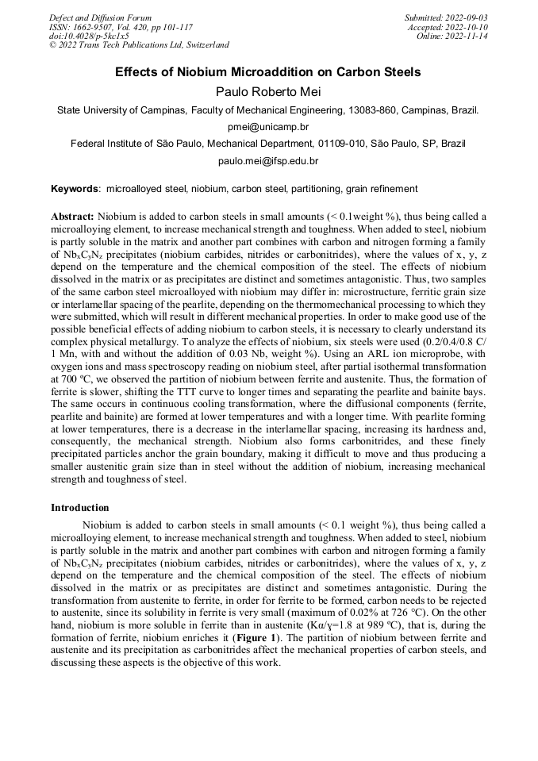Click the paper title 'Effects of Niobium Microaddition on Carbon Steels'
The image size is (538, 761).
268,72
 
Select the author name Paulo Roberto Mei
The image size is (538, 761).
268,91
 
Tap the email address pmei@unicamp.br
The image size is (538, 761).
268,127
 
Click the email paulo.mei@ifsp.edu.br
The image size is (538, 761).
268,161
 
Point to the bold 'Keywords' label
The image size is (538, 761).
75,190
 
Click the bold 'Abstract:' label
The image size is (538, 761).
73,216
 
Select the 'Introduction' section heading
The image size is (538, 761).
80,507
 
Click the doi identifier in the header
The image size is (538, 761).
89,37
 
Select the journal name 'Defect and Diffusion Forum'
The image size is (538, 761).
100,17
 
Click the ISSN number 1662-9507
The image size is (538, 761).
98,27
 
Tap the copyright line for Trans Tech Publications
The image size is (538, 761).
139,45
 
